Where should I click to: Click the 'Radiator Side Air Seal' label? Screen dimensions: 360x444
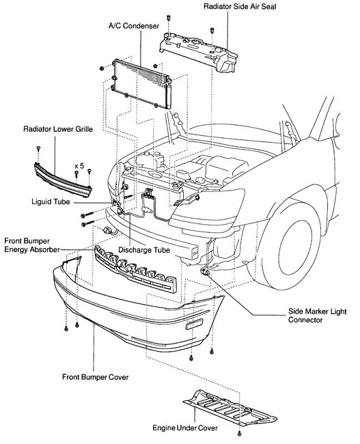pos(240,7)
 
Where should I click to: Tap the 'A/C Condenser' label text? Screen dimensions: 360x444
pos(134,26)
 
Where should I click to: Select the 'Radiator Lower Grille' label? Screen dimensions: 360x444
pos(58,129)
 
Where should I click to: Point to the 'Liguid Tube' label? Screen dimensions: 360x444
pos(51,202)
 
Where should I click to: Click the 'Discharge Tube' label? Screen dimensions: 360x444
pos(144,250)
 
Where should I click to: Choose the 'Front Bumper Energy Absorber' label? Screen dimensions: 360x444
pos(32,245)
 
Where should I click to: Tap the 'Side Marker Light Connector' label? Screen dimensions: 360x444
pos(317,316)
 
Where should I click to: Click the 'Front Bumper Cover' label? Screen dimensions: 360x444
pos(95,377)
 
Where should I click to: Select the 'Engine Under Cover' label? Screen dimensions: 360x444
pos(185,428)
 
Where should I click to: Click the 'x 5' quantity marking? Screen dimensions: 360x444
pos(79,166)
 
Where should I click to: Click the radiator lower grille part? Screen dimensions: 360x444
pos(63,180)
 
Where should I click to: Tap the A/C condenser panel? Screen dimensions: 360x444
pos(140,83)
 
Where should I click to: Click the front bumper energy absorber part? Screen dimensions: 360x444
pos(135,268)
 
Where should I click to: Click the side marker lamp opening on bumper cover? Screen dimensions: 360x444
pos(194,324)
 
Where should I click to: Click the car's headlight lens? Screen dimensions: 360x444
pos(207,209)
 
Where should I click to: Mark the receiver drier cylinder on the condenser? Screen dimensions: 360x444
pos(169,96)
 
